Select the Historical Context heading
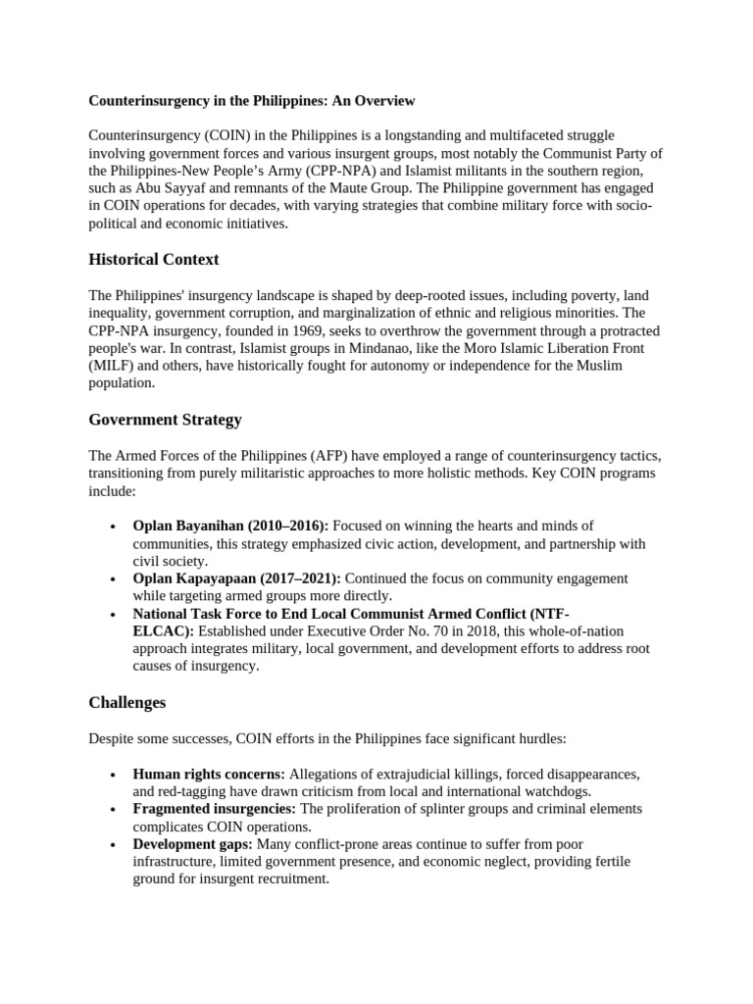point(154,260)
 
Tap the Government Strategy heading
point(165,420)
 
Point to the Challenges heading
point(127,703)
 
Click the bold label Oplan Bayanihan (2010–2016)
point(230,527)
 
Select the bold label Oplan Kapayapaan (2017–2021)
point(236,578)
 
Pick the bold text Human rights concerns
point(209,774)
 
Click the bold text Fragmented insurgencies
point(215,809)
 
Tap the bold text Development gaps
point(192,844)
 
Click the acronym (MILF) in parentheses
point(110,366)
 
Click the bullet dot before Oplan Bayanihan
point(116,527)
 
